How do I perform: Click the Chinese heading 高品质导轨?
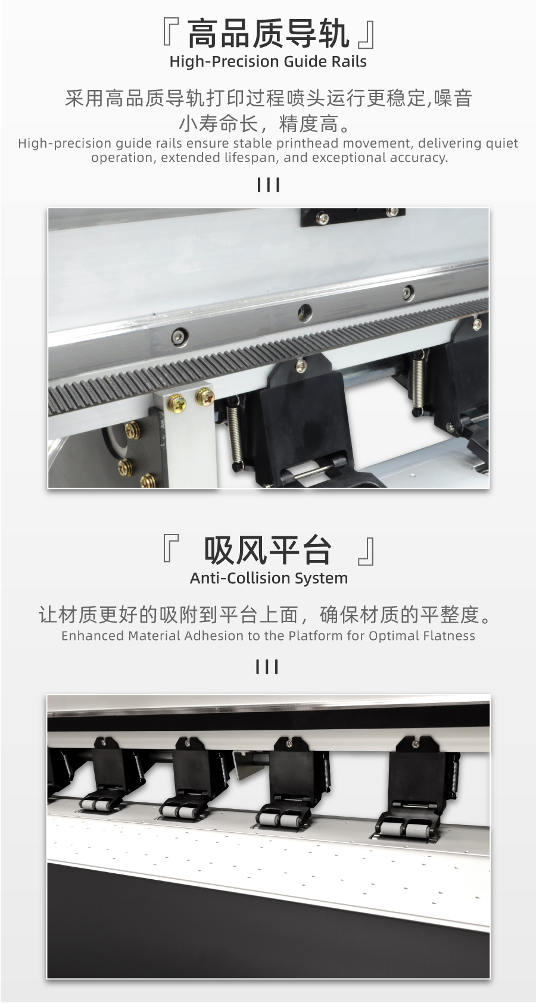[268, 35]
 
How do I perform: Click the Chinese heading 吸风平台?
[267, 549]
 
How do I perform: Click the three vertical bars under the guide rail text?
[269, 185]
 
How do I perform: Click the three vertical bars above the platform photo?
[267, 667]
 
